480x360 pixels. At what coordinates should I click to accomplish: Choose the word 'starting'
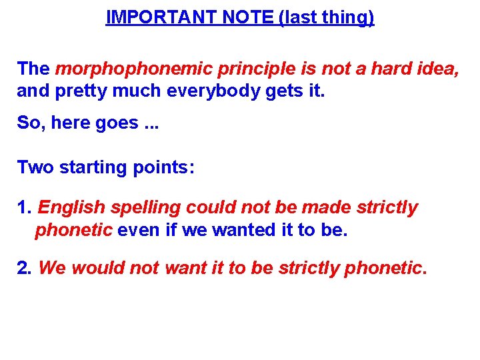click(x=89, y=167)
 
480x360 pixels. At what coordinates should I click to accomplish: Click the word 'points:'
click(x=161, y=167)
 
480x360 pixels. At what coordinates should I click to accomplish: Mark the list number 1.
click(x=23, y=208)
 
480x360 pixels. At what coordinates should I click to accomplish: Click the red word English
click(x=71, y=208)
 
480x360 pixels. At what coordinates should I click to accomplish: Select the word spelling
click(x=145, y=208)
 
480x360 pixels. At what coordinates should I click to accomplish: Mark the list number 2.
click(x=24, y=269)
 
